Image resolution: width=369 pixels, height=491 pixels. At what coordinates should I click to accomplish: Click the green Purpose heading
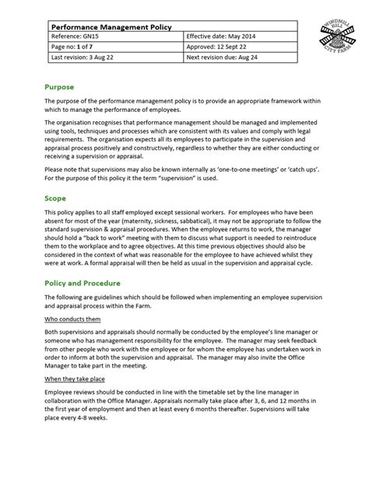(x=60, y=89)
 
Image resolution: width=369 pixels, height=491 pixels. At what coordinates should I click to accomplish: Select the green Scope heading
(x=56, y=198)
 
